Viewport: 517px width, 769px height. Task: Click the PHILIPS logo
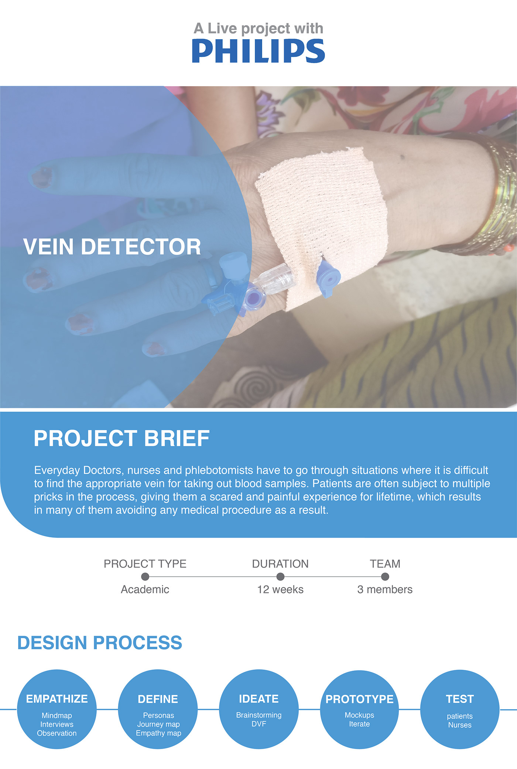coord(258,51)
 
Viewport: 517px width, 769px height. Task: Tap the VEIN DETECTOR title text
coord(112,246)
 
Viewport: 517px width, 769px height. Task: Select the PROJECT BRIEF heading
coord(121,438)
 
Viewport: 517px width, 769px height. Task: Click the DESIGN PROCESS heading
coord(100,643)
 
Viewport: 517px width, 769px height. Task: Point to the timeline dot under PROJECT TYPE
coord(145,576)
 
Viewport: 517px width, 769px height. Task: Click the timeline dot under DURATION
coord(280,576)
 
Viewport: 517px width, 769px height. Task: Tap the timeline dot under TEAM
coord(385,576)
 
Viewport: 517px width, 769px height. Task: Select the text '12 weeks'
coord(280,589)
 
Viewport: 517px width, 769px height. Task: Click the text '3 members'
coord(385,589)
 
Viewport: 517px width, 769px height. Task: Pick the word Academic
coord(145,589)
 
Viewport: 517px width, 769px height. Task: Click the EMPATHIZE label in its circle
coord(57,699)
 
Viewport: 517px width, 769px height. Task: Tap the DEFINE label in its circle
coord(158,699)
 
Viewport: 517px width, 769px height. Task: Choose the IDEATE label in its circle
coord(259,699)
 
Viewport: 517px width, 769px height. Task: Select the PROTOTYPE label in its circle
coord(360,699)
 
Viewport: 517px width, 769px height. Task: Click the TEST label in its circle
coord(460,699)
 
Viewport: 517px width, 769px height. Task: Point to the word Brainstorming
coord(259,715)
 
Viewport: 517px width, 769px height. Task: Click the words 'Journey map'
coord(158,724)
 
